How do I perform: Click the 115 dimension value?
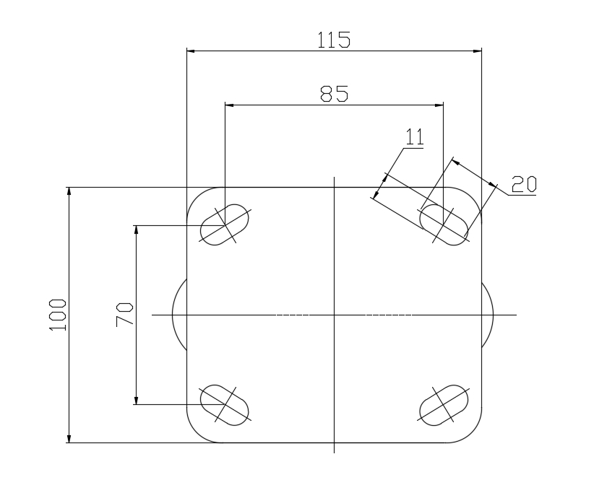(334, 40)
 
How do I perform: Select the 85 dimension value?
(334, 94)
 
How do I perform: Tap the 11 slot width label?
(415, 136)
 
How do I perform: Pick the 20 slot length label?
(524, 184)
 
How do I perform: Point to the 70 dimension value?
(124, 315)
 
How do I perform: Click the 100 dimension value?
(58, 315)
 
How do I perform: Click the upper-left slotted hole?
(225, 224)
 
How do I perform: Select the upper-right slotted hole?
(444, 224)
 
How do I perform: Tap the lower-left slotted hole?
(225, 405)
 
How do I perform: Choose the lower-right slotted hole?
(444, 405)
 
